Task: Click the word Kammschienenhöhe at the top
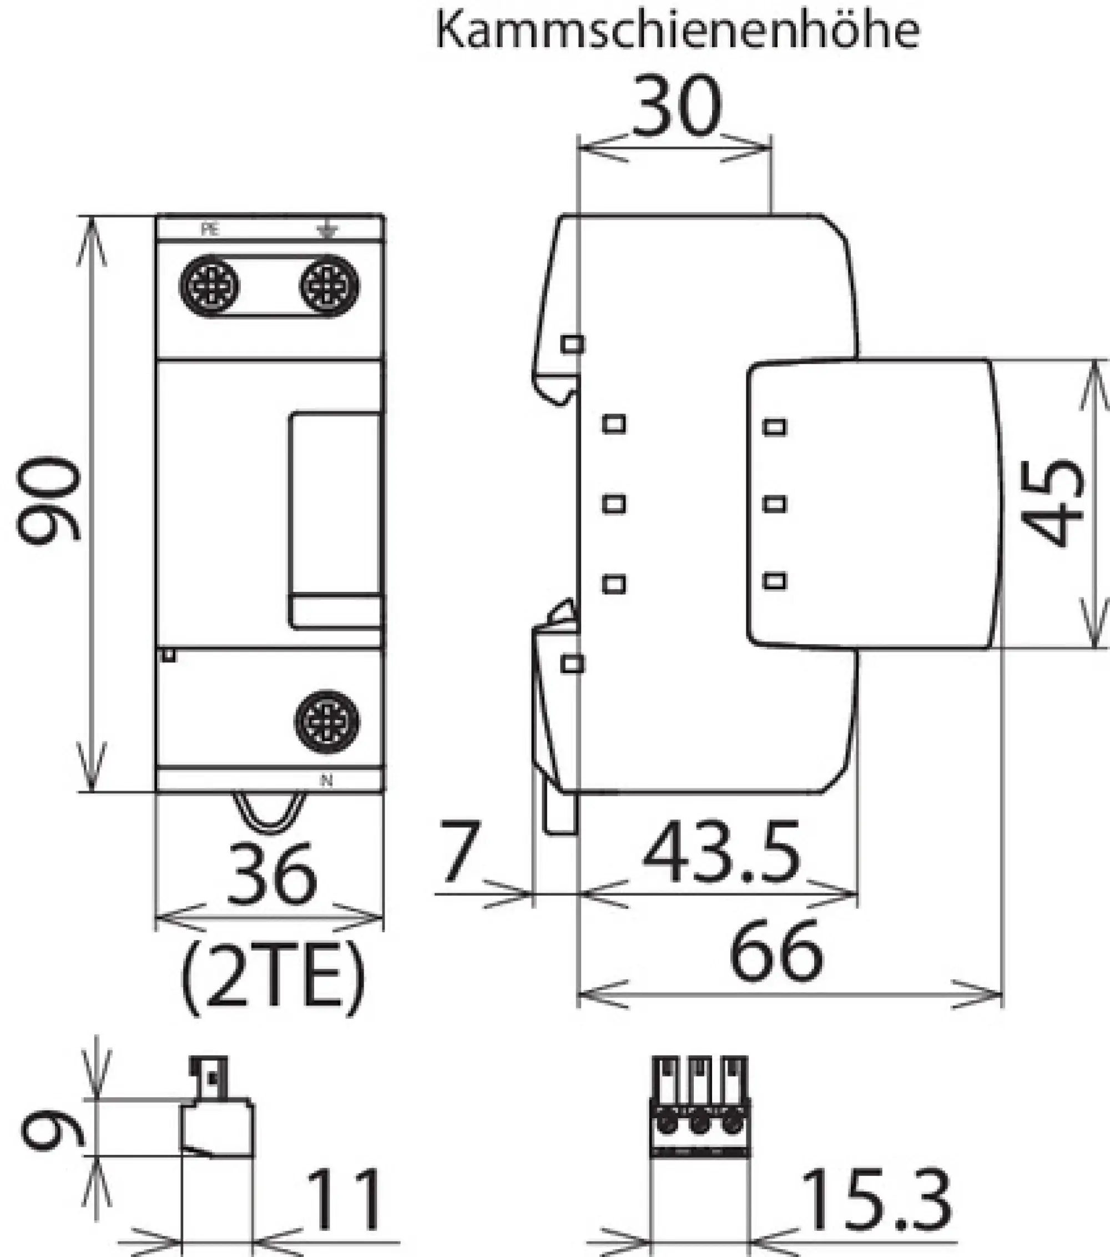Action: [x=677, y=31]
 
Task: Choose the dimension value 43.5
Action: [x=721, y=853]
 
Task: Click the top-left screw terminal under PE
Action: [x=210, y=286]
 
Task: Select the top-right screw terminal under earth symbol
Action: [x=330, y=286]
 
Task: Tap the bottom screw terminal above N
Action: [x=327, y=722]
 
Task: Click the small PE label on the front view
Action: [x=210, y=230]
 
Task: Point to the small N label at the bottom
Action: [x=326, y=781]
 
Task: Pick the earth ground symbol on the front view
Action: [x=327, y=230]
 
